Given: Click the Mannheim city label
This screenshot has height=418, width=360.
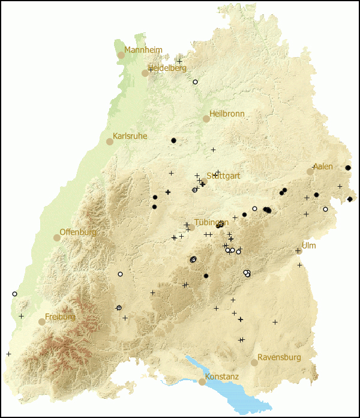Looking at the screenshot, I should [143, 50].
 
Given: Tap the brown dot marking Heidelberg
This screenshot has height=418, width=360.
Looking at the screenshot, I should [145, 73].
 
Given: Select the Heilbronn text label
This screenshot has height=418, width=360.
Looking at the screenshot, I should [227, 114].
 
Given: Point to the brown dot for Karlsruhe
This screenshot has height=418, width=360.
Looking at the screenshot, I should [110, 142].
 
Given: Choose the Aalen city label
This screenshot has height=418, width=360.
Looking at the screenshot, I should [323, 166].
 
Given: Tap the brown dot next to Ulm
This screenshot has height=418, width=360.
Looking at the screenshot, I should [298, 251].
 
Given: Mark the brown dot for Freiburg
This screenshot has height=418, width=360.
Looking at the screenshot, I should [42, 322].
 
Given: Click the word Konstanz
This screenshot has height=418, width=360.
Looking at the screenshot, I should [222, 377].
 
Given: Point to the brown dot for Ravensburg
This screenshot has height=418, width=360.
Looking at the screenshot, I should [254, 363].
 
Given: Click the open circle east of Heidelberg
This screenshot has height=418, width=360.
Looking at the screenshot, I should [195, 82].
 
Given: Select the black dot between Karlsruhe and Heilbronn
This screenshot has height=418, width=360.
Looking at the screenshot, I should [174, 141].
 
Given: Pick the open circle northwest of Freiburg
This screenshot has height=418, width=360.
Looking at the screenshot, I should [14, 294].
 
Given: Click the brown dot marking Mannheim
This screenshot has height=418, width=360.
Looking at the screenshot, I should [121, 55].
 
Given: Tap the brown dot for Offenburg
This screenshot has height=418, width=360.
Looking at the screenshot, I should [57, 238].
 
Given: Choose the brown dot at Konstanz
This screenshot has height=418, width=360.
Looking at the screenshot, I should [202, 382].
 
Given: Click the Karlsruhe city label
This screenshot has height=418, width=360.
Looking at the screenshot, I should [130, 136].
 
